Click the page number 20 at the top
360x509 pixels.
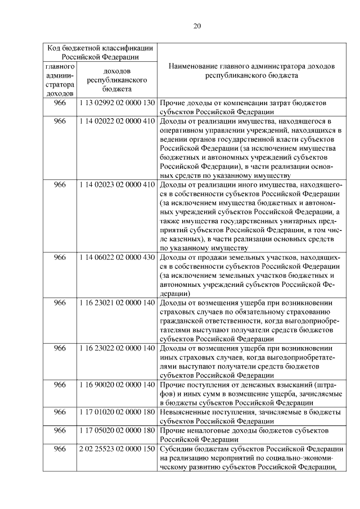[x=197, y=25]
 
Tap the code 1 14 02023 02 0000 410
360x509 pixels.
[x=117, y=184]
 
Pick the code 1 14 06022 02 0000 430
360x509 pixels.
[x=117, y=257]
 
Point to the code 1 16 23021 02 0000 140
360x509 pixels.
[x=117, y=303]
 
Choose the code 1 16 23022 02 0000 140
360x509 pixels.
[x=117, y=348]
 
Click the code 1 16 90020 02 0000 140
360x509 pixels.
[x=117, y=385]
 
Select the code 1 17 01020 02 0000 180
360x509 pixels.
[x=117, y=412]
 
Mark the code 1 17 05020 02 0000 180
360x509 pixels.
[x=117, y=430]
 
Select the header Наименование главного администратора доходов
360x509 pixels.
[x=251, y=70]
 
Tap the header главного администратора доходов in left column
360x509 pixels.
[x=60, y=80]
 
